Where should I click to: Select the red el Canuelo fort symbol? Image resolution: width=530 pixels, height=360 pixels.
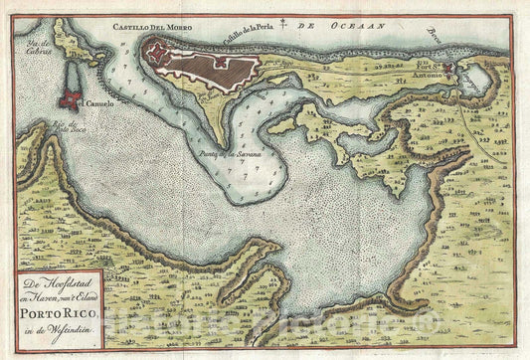71,99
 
